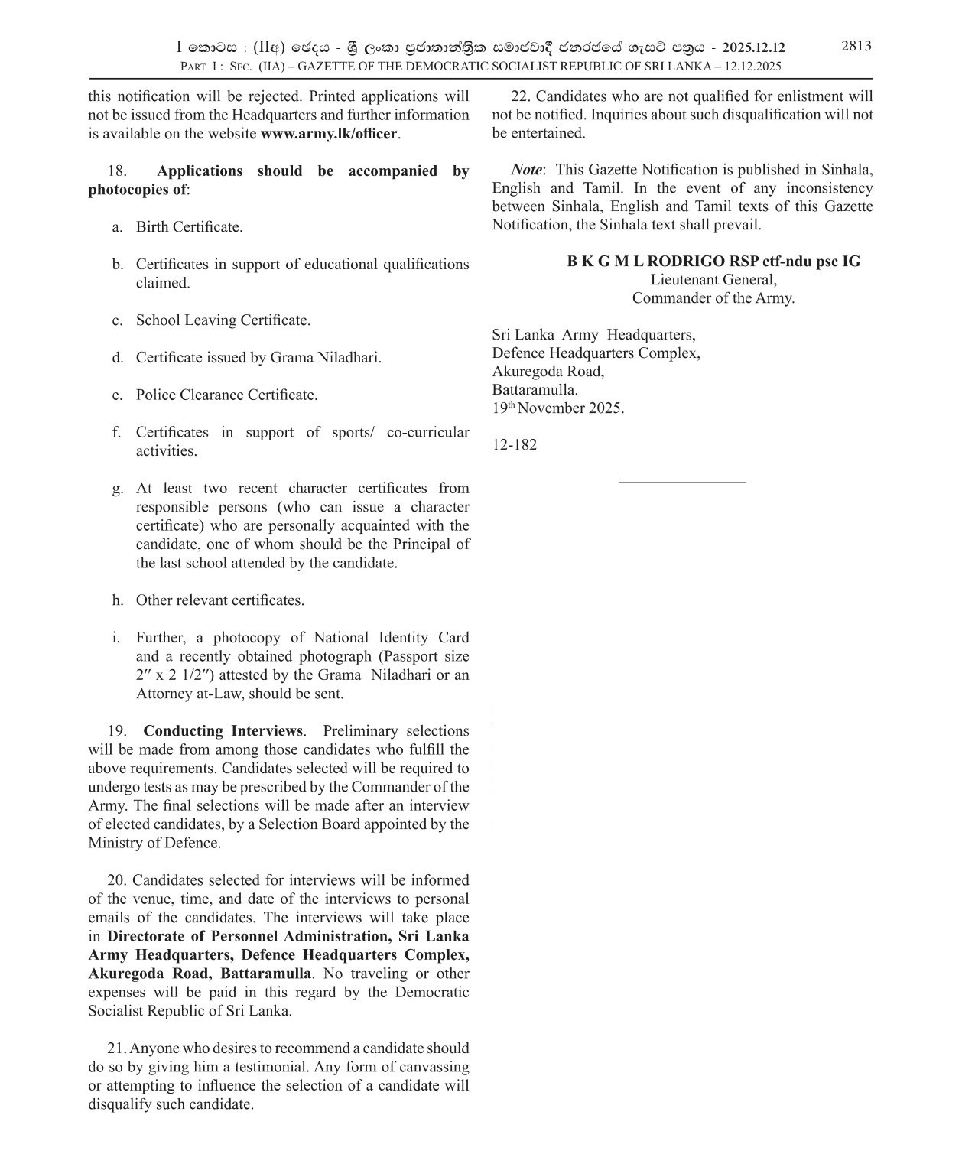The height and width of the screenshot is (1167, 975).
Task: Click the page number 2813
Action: coord(856,46)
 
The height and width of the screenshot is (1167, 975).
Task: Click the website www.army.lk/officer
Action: coord(329,134)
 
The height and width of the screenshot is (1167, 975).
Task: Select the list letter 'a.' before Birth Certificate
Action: coord(117,227)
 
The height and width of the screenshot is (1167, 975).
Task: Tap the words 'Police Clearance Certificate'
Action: coord(226,395)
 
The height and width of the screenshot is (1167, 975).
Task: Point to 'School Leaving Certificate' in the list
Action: coord(223,320)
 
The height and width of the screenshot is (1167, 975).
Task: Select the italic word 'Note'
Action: coord(527,170)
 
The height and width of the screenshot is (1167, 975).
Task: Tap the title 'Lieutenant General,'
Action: coord(713,280)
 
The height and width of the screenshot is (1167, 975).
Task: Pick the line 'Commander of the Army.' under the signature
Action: coord(713,298)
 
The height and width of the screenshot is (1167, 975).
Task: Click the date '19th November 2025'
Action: coord(558,408)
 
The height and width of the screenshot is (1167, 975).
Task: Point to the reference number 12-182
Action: coord(515,444)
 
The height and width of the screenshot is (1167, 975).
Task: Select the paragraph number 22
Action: coord(520,96)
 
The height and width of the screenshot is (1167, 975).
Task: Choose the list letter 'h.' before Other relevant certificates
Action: coord(117,601)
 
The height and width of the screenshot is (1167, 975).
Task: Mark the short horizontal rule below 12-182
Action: coord(681,482)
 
